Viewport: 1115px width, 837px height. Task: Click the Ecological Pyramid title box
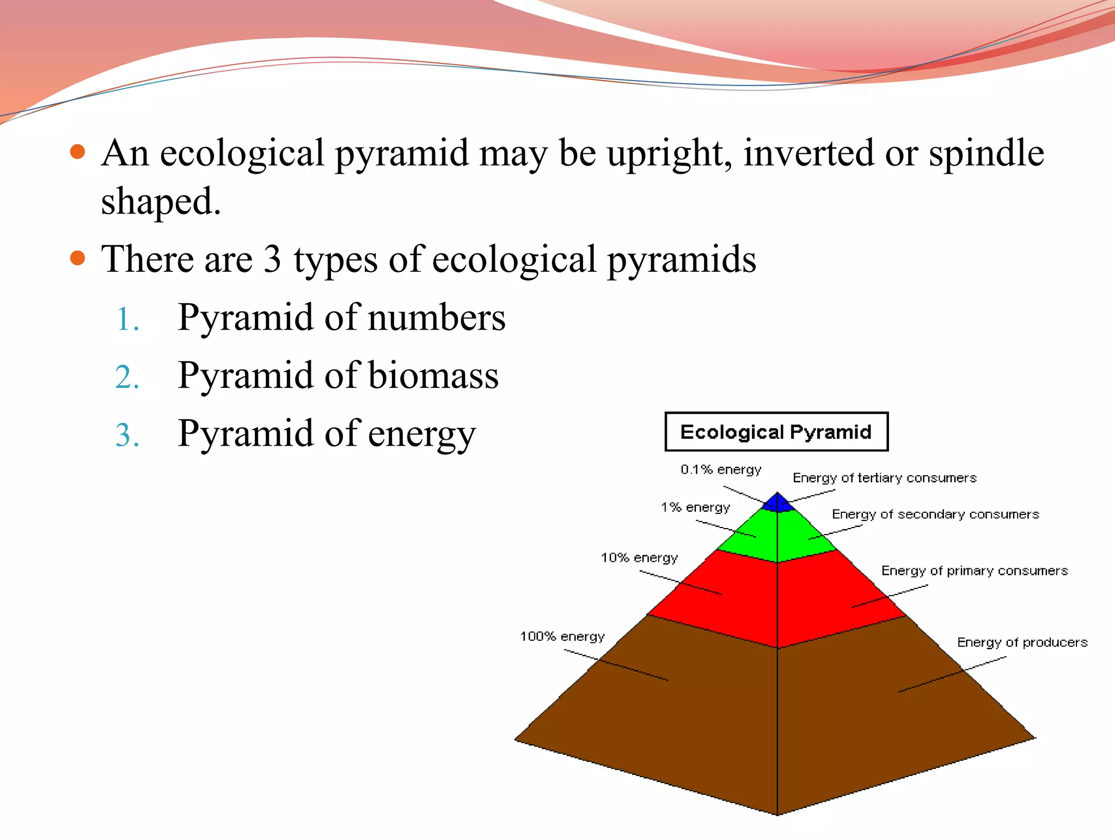(776, 432)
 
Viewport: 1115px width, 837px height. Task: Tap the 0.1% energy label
(721, 469)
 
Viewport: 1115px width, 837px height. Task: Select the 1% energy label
(695, 507)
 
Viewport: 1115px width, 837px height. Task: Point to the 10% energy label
(639, 557)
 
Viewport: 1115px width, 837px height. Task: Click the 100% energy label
(562, 636)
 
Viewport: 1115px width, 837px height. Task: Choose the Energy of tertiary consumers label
(884, 478)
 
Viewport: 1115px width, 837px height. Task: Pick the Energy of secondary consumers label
(935, 514)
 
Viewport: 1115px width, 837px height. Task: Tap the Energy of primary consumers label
(975, 571)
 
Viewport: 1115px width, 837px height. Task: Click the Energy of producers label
(1022, 642)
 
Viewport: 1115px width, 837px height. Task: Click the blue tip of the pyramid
(777, 503)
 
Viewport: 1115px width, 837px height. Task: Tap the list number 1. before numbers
(128, 320)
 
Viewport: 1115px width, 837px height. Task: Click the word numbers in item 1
(436, 318)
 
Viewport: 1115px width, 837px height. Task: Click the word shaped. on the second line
(161, 202)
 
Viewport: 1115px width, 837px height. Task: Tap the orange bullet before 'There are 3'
(78, 258)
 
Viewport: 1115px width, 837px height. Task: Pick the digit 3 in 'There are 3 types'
(272, 259)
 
